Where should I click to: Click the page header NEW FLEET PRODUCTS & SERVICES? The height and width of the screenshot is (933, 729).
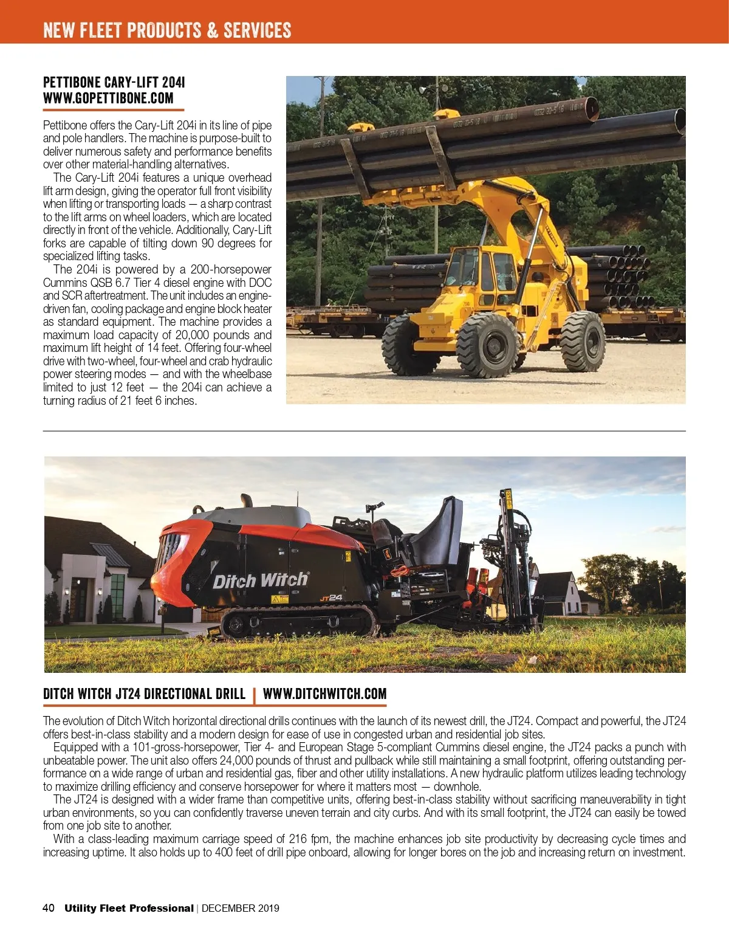click(167, 30)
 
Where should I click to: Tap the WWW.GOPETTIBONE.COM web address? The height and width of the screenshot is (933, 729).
click(108, 98)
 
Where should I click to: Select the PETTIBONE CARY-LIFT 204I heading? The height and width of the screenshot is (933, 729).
click(114, 82)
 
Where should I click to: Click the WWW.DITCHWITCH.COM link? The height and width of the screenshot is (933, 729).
click(324, 694)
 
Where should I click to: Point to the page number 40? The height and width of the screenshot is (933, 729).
click(49, 908)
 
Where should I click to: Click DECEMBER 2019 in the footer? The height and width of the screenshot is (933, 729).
click(240, 908)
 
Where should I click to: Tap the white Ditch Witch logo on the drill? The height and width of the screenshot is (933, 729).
click(260, 580)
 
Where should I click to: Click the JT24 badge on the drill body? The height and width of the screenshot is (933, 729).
click(331, 598)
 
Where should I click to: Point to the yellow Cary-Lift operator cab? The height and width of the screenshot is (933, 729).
click(480, 274)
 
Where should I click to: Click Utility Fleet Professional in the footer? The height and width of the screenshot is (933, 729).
click(129, 908)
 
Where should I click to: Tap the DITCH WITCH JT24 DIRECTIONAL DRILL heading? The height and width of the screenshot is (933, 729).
click(144, 694)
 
